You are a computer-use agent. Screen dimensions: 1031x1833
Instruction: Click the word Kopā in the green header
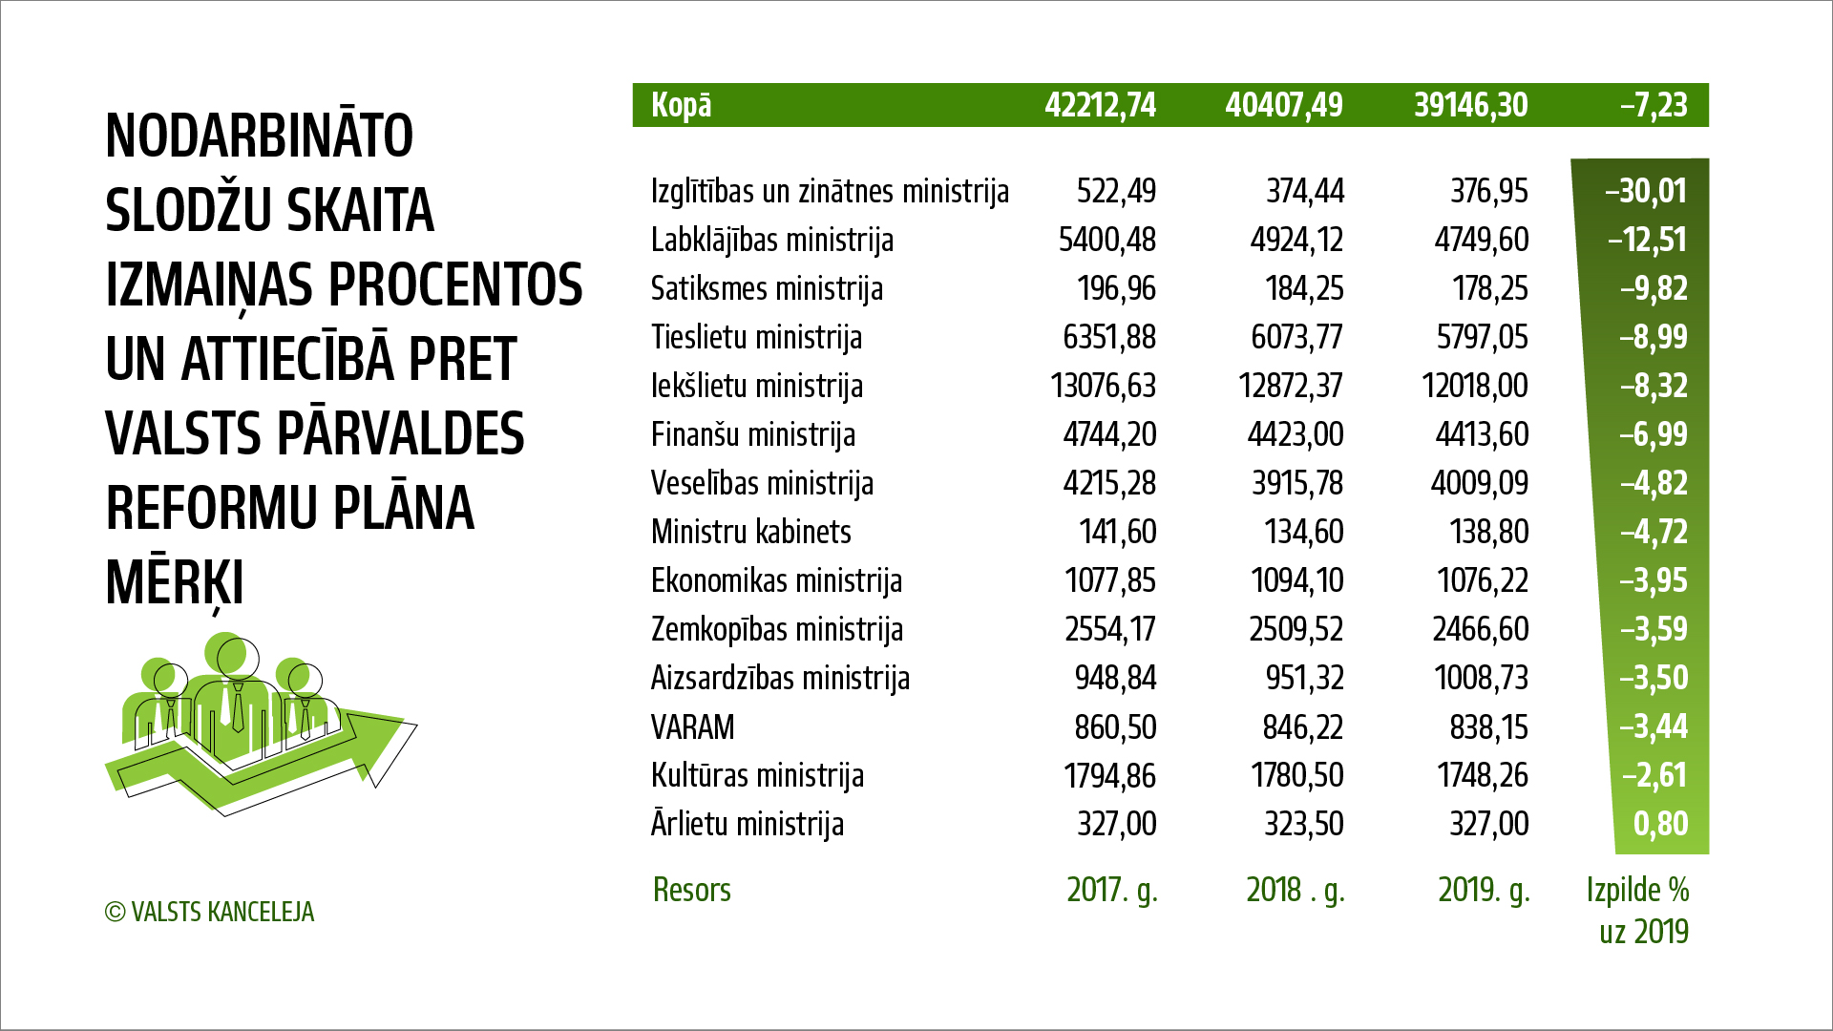point(681,105)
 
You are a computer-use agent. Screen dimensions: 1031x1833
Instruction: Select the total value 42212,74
point(1100,105)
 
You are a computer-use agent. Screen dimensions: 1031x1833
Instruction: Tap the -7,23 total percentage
point(1654,105)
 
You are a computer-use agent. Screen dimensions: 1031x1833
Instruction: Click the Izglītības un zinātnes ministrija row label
point(830,191)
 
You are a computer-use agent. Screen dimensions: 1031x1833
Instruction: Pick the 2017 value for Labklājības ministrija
point(1106,240)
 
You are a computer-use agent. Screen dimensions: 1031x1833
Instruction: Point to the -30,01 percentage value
point(1646,191)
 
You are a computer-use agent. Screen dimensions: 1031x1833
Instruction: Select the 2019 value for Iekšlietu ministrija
point(1474,386)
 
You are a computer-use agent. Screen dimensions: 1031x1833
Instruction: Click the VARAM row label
point(692,727)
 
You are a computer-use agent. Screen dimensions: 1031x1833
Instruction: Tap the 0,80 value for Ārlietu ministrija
point(1660,824)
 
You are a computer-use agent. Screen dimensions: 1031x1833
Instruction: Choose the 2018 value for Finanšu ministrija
point(1295,434)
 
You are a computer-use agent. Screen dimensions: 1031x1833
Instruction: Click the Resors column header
point(691,890)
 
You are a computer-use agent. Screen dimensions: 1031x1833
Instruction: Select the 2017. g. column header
point(1111,890)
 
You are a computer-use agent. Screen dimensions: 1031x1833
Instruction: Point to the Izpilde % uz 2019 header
point(1638,910)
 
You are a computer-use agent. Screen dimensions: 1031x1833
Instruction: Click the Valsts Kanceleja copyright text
point(209,913)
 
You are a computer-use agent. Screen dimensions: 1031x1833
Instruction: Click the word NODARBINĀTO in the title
point(259,136)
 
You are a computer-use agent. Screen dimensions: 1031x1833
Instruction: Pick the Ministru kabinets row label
point(750,532)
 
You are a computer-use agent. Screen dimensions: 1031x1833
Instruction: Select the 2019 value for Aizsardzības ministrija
point(1480,678)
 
